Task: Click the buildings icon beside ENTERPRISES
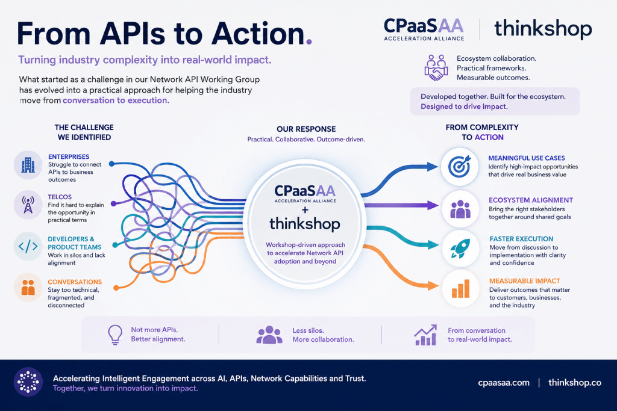[28, 165]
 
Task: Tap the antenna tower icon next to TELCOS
[28, 205]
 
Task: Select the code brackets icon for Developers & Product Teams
[28, 246]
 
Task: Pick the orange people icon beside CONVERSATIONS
[28, 287]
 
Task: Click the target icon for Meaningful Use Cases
[460, 167]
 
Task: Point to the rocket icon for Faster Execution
[460, 249]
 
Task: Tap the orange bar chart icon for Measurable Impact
[460, 289]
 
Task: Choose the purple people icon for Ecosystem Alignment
[460, 209]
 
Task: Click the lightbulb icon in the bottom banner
[115, 335]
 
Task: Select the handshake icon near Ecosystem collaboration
[436, 67]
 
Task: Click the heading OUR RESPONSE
[306, 129]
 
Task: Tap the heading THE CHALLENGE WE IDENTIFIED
[84, 132]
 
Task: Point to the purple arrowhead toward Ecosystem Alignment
[433, 205]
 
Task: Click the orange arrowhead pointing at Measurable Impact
[433, 286]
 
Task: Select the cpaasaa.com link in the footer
[504, 383]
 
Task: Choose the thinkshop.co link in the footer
[575, 383]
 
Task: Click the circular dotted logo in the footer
[28, 382]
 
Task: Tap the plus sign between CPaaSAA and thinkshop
[305, 210]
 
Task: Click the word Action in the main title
[258, 34]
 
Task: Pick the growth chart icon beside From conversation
[425, 335]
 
